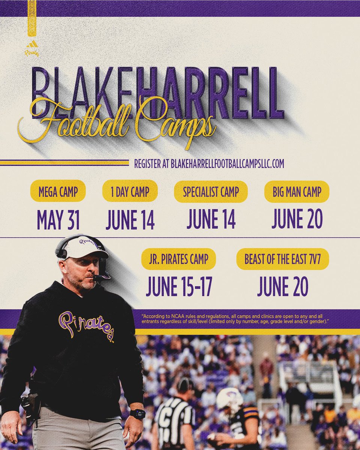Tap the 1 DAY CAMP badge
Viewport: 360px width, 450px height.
[x=130, y=192]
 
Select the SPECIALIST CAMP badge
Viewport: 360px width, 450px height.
[x=211, y=192]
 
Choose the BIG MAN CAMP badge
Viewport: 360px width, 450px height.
[x=297, y=192]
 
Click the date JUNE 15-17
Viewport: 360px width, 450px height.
[x=178, y=287]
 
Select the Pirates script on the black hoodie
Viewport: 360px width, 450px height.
[x=86, y=324]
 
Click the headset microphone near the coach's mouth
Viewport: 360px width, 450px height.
[x=98, y=278]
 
